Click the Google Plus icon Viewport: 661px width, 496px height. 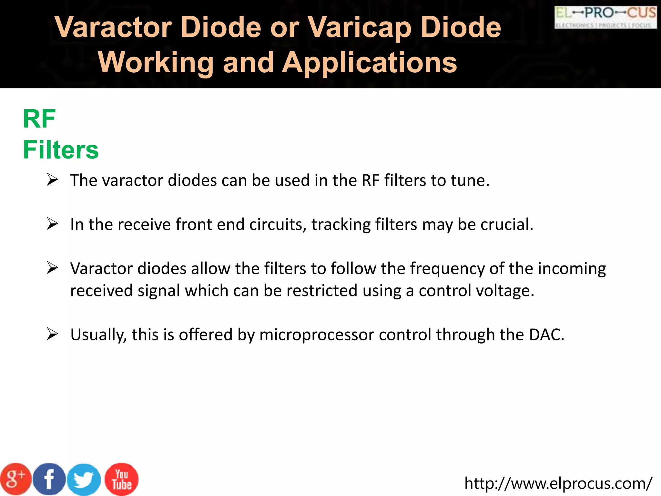(x=15, y=479)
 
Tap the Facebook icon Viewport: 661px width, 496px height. (x=49, y=479)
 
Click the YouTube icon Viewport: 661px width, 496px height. (x=122, y=479)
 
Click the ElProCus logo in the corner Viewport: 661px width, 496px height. (x=605, y=17)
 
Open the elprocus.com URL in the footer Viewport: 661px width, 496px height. (x=558, y=483)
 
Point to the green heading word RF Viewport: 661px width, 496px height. (x=39, y=119)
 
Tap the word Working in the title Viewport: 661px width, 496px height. (x=156, y=63)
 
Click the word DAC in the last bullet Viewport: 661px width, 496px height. (x=546, y=335)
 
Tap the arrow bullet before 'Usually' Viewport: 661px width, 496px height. (x=52, y=334)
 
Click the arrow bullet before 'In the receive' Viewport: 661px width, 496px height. (x=52, y=223)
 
